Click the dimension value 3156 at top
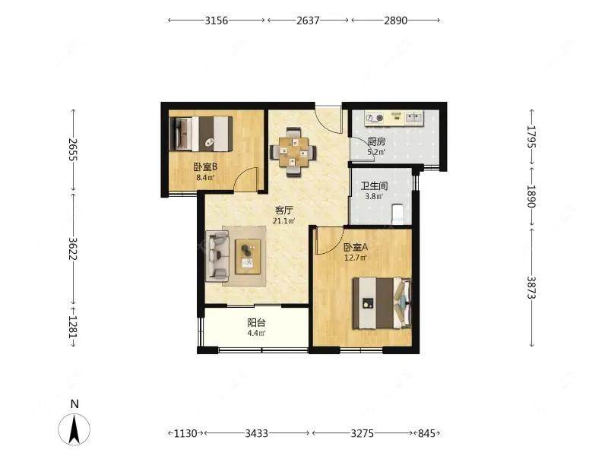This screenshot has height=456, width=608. coord(217,21)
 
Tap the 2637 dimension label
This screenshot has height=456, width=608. coord(308,21)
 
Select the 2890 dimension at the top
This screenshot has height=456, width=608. coord(395,21)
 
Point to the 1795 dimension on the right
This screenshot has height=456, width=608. coord(531,137)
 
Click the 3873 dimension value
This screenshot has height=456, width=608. coord(531,287)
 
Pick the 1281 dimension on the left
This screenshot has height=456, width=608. coord(73,326)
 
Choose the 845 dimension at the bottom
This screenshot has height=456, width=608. coord(426,433)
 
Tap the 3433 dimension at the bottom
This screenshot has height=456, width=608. coord(256,433)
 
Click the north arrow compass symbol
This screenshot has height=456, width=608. coord(74,429)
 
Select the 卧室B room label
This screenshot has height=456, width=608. coord(205,167)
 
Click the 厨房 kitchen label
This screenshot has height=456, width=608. coord(376,141)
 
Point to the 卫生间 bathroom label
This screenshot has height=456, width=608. coord(374,185)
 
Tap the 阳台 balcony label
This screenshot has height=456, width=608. coord(256,322)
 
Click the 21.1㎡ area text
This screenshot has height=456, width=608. coord(283,221)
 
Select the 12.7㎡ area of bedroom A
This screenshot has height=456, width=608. coord(356,258)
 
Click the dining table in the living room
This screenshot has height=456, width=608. coord(293,151)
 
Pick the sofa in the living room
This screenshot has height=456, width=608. coord(217,255)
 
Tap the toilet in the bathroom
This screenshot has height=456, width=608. coord(398,214)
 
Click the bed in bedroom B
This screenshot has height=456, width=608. coord(201,134)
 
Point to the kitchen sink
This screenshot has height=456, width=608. coord(414,117)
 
